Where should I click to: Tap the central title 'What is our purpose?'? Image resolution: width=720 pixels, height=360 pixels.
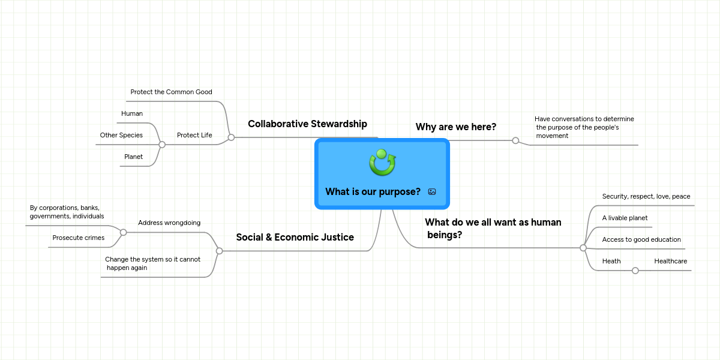coord(373,191)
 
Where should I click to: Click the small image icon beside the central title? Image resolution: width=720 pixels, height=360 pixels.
coord(432,191)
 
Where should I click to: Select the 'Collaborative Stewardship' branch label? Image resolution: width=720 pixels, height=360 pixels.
coord(307,124)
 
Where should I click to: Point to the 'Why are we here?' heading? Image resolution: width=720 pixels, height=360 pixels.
coord(456,127)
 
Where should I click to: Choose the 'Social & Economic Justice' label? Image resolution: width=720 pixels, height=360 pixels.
coord(295,237)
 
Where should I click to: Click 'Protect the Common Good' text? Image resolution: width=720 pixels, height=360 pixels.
coord(171,92)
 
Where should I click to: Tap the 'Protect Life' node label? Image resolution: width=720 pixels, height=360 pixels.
coord(194,135)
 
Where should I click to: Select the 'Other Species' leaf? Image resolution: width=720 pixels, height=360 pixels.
coord(121,135)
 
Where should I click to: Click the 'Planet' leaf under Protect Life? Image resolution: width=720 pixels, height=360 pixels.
coord(133,157)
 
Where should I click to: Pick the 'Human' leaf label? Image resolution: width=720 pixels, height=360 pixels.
coord(132,113)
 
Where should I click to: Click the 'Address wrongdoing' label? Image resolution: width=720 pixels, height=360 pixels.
coord(169,223)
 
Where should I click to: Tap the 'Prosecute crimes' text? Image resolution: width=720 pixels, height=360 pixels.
coord(78,238)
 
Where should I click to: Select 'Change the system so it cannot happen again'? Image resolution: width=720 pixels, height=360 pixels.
coord(152,263)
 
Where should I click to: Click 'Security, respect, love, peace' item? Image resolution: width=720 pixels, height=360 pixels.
coord(646,196)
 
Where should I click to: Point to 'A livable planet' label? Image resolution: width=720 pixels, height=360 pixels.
coord(625,218)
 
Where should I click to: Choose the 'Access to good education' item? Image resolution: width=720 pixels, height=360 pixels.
coord(641,239)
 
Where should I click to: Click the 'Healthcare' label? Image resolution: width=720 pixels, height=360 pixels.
coord(670,261)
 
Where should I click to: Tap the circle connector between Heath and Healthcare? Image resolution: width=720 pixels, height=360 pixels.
coord(635,271)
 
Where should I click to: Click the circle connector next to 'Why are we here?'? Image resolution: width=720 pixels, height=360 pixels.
coord(515,140)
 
